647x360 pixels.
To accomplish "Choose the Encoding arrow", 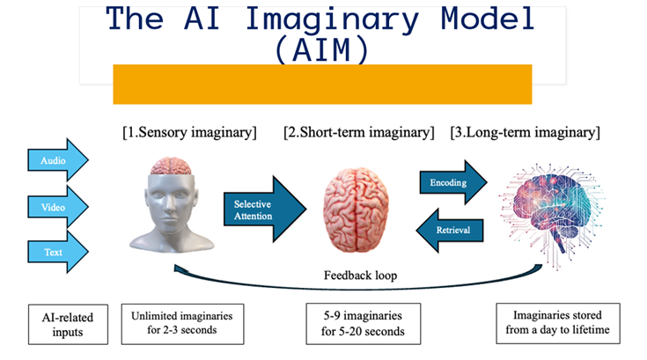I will (451, 183).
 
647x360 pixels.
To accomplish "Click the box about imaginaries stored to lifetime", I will (557, 323).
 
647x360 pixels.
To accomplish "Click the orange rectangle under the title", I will (322, 84).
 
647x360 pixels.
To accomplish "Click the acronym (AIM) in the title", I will (321, 49).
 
